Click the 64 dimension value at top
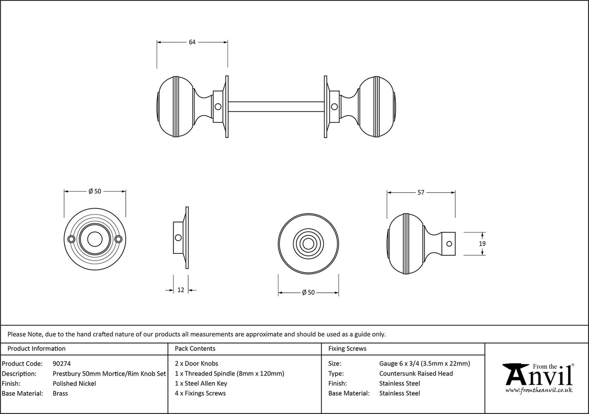click(192, 42)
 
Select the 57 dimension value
click(421, 193)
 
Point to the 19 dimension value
click(482, 244)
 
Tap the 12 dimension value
click(180, 290)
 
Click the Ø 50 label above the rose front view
click(95, 191)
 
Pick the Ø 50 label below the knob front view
click(308, 292)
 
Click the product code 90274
click(62, 364)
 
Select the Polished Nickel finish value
click(74, 383)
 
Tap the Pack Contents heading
click(195, 348)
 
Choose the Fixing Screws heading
click(347, 348)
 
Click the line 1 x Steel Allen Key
click(201, 383)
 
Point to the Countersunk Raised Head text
click(416, 374)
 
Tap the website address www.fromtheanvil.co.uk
click(539, 390)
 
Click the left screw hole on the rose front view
click(72, 239)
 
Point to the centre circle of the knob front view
click(308, 242)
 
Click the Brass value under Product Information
click(60, 394)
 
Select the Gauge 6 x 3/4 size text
click(424, 364)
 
